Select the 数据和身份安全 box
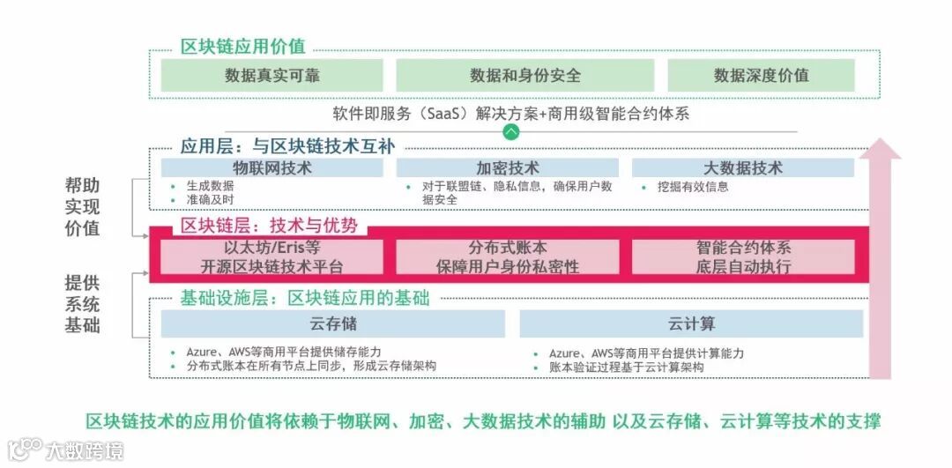[525, 76]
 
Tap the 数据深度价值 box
[761, 76]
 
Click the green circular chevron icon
[511, 132]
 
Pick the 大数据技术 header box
[742, 167]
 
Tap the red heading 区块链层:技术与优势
[269, 226]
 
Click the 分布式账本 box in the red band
[507, 256]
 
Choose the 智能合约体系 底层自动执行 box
[742, 256]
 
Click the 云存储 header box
[332, 323]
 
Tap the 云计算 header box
[691, 323]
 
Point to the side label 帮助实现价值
[82, 207]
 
